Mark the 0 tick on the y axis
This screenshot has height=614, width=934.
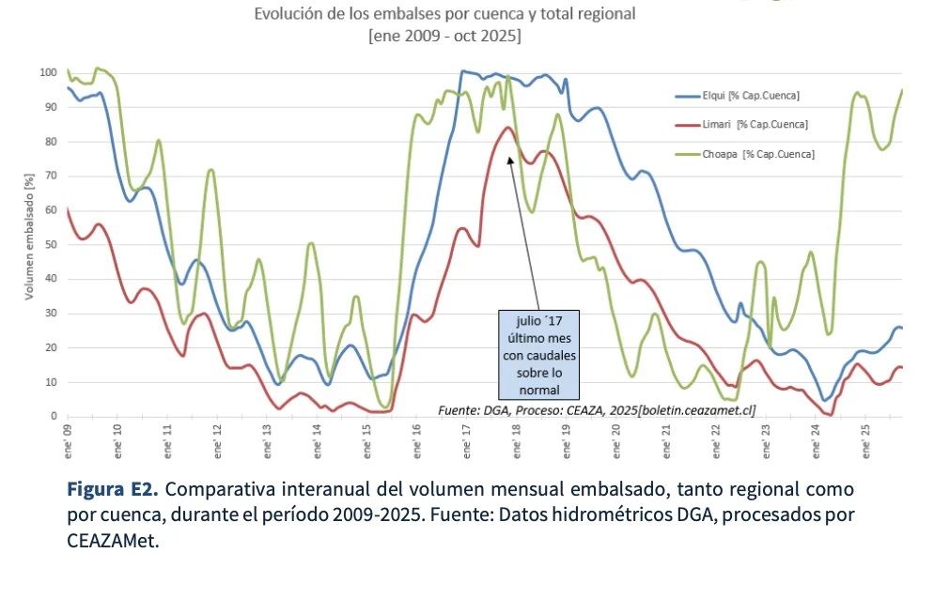pyautogui.click(x=54, y=416)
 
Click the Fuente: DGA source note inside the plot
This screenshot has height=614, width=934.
pyautogui.click(x=597, y=409)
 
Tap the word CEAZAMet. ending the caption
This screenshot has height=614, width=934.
pyautogui.click(x=112, y=541)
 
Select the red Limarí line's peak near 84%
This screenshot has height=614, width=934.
pyautogui.click(x=507, y=128)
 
